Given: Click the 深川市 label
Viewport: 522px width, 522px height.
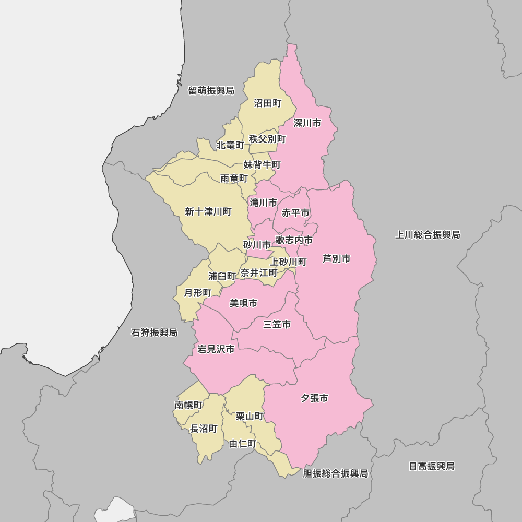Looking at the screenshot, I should (307, 123).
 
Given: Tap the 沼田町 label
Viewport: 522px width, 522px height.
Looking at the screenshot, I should (267, 103).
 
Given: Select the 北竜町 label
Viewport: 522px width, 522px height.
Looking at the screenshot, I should (230, 145).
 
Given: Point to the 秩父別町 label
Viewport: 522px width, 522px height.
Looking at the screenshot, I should (267, 139).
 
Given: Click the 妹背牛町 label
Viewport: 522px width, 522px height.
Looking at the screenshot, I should (262, 165).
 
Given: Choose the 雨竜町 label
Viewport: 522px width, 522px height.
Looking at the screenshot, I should (234, 179).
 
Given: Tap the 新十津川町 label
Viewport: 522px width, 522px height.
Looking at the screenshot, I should (208, 211).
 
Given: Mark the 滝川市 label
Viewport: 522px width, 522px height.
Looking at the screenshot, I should (263, 203).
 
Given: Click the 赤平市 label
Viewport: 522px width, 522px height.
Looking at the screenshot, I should (295, 213).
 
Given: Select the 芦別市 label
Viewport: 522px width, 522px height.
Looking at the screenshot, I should (336, 258).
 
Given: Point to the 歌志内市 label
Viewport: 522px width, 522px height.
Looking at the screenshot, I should (294, 240).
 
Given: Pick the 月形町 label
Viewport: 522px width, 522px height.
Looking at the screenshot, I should (198, 293).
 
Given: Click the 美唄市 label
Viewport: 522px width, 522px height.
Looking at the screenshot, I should (243, 303).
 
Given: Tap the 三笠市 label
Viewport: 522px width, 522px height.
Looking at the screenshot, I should (277, 325).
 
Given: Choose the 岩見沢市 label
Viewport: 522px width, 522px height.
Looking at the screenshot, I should (216, 349).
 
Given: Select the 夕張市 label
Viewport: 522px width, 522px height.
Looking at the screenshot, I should (314, 398).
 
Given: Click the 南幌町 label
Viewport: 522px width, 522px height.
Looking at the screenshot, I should (188, 405).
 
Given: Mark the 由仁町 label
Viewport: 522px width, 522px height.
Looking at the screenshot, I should (243, 444).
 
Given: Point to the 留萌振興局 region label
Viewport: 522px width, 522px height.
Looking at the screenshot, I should (211, 91).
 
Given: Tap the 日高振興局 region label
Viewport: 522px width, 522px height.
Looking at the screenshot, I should (431, 466).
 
